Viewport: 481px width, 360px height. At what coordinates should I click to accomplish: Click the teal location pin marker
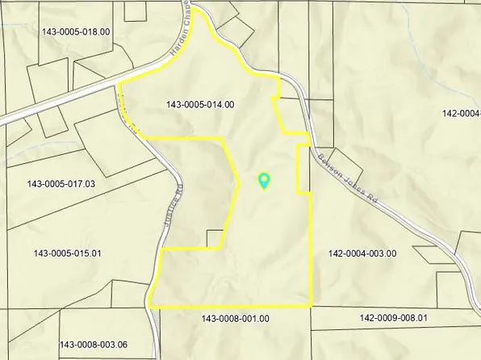pyautogui.click(x=263, y=181)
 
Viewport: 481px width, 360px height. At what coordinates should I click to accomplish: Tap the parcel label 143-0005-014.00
pyautogui.click(x=200, y=104)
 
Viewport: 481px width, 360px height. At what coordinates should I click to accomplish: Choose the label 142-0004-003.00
pyautogui.click(x=362, y=253)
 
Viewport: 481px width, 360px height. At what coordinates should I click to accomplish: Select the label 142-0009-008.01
pyautogui.click(x=393, y=319)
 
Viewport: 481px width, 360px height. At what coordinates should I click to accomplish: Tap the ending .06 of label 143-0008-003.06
pyautogui.click(x=119, y=345)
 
